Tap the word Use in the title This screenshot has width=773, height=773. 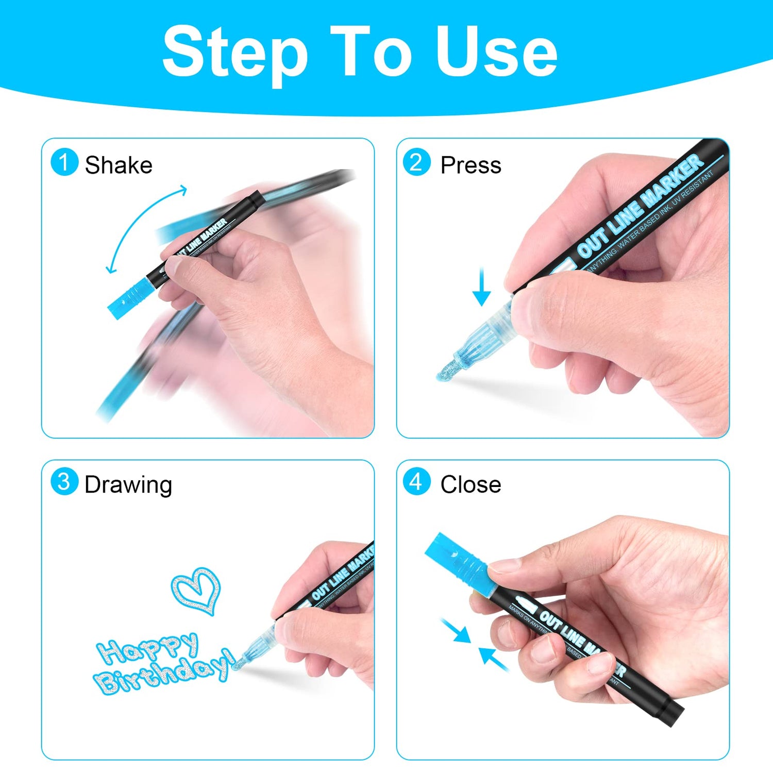(x=496, y=52)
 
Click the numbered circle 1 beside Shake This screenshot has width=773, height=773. (x=64, y=162)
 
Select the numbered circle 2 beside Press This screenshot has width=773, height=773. (x=416, y=162)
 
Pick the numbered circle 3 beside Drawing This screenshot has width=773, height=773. (x=64, y=482)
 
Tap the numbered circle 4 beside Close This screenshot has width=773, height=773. (x=416, y=482)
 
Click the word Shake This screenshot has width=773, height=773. (x=119, y=165)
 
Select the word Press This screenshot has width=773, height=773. (x=470, y=165)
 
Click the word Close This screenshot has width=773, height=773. (x=470, y=485)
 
